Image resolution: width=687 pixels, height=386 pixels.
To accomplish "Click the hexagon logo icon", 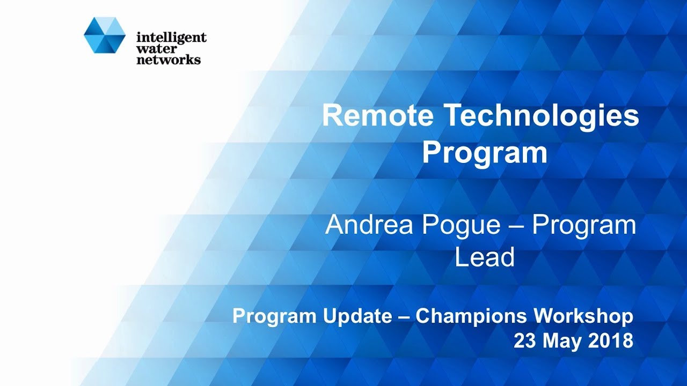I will pos(105,35).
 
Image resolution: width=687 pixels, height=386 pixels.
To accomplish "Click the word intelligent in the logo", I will pos(171,38).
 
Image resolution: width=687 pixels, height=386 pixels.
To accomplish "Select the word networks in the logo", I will pos(169,60).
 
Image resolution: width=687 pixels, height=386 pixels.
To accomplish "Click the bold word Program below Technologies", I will pos(484,153).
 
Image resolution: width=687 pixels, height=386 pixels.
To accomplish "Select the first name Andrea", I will pos(370,225).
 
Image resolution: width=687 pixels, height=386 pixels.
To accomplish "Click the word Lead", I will pos(484,257).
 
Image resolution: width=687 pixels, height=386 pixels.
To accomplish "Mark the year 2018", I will pos(612,341).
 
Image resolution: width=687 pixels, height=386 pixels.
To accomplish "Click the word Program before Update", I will pos(274,317).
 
